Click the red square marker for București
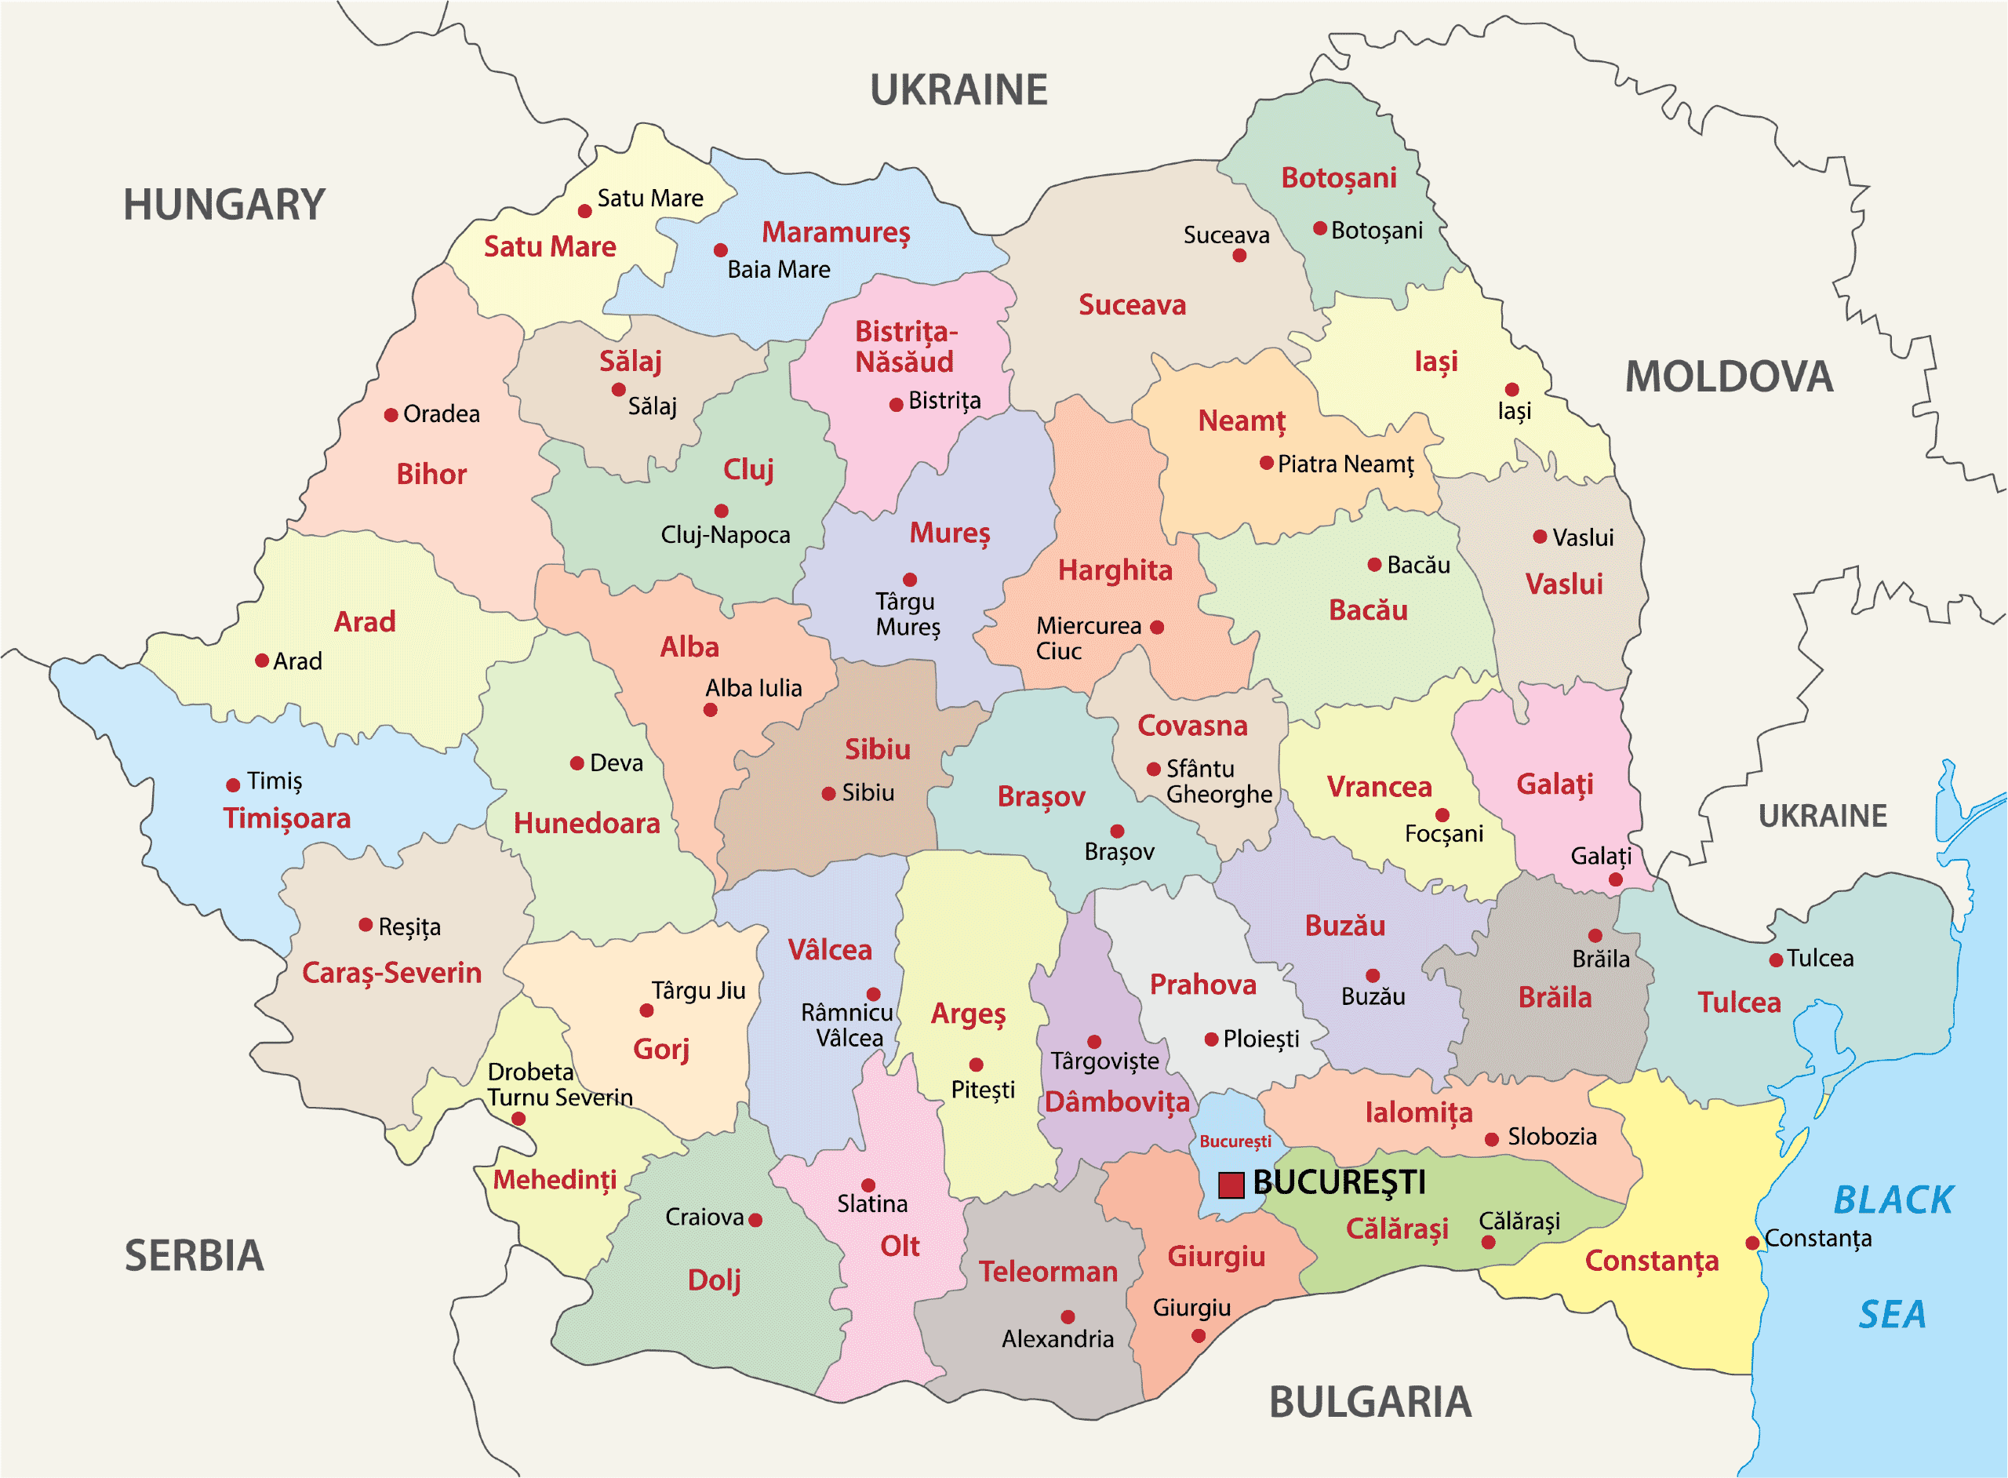[x=1231, y=1185]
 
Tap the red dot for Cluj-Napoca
[x=721, y=511]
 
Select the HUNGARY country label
[x=224, y=205]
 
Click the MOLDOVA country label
[x=1728, y=377]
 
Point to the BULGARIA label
[x=1370, y=1402]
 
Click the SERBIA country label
[x=194, y=1255]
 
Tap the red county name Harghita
[x=1115, y=570]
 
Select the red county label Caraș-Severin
[x=391, y=973]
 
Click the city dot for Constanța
[x=1752, y=1243]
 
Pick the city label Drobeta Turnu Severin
[x=559, y=1084]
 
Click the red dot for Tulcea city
[x=1776, y=960]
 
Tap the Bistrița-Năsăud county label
[x=905, y=346]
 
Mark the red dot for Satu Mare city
[x=584, y=211]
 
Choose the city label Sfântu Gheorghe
[x=1218, y=781]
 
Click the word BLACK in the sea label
[x=1893, y=1200]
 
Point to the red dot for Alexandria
[x=1067, y=1317]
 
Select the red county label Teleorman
[x=1047, y=1272]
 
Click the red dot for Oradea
[x=391, y=415]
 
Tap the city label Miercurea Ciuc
[x=1088, y=638]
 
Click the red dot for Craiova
[x=755, y=1219]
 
